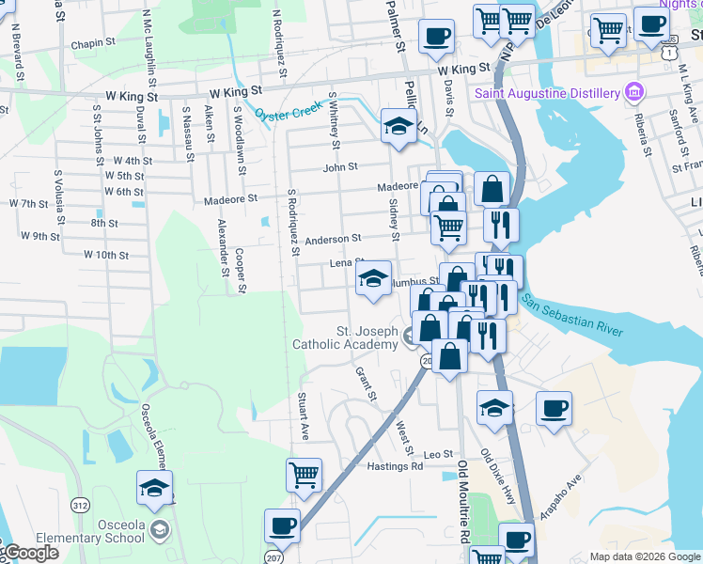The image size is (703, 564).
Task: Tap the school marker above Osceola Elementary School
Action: tap(155, 488)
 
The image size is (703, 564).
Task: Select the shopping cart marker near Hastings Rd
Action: tap(304, 475)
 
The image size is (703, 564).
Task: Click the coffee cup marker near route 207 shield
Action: tap(282, 525)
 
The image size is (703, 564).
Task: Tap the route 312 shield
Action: tap(80, 506)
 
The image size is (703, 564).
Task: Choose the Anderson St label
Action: tap(333, 239)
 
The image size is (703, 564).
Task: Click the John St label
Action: tap(340, 166)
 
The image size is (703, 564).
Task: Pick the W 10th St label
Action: tap(105, 255)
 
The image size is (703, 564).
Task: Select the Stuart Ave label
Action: tap(304, 416)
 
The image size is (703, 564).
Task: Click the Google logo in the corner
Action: tap(30, 553)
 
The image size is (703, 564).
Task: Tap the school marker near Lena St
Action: tap(373, 278)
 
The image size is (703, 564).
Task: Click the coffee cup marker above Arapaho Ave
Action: tap(555, 408)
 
